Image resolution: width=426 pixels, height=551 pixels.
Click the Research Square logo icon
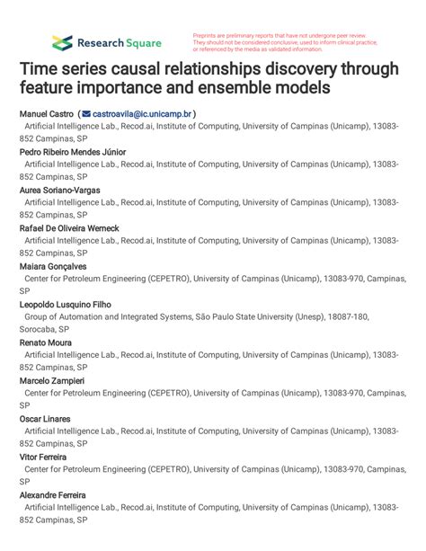(62, 42)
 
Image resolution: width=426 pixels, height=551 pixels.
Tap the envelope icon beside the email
(86, 114)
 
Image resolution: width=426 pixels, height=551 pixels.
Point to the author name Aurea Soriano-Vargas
(59, 191)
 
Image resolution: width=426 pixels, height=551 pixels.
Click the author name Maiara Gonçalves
(54, 267)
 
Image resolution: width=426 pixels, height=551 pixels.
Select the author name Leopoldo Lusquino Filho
(65, 305)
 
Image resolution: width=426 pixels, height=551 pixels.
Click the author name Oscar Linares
(45, 419)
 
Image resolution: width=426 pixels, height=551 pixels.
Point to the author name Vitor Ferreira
(42, 458)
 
